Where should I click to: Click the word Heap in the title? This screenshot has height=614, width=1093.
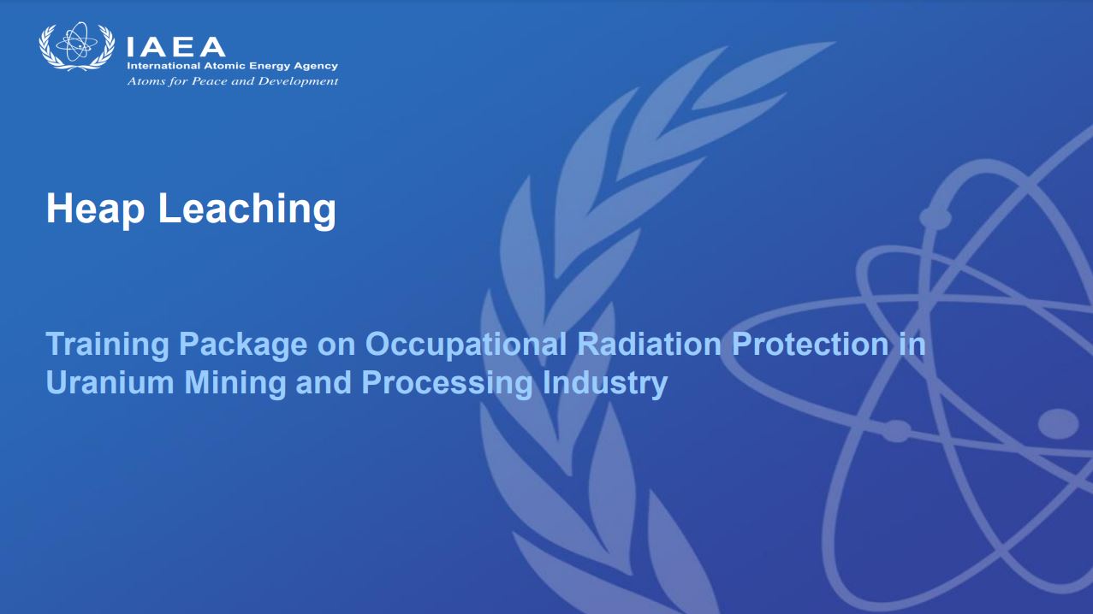(x=95, y=210)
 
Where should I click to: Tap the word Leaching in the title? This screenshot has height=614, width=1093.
(x=247, y=210)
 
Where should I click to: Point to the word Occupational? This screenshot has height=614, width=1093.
(x=466, y=345)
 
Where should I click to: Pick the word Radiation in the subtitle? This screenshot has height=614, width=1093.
(x=650, y=344)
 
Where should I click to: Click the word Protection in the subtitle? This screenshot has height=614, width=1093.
(x=811, y=344)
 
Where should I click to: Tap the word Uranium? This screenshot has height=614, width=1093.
(x=110, y=382)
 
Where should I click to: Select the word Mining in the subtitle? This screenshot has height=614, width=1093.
(x=235, y=384)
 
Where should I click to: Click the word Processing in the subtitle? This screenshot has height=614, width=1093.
(x=447, y=384)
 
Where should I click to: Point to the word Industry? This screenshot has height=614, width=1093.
(x=605, y=384)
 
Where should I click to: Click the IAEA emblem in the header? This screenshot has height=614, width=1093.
(x=77, y=46)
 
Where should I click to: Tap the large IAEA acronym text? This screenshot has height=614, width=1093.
(x=175, y=47)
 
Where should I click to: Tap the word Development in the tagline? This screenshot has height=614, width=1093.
(x=298, y=81)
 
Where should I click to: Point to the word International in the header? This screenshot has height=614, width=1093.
(x=163, y=66)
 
